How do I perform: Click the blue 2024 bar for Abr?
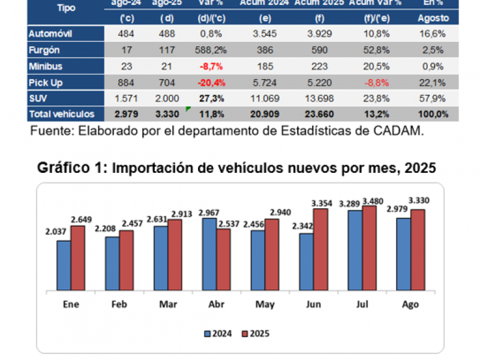point(209,254)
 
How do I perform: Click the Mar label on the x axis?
point(167,304)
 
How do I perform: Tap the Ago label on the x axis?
point(410,304)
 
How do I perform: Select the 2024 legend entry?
point(220,334)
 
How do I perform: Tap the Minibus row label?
point(45,66)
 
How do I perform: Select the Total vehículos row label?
point(61,113)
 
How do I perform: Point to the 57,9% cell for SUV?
point(433,97)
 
